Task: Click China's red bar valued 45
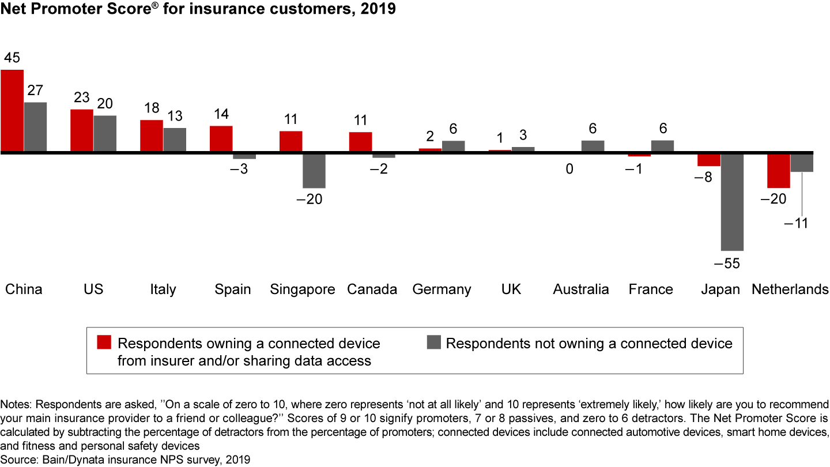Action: pyautogui.click(x=12, y=110)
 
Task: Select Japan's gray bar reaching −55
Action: pyautogui.click(x=733, y=202)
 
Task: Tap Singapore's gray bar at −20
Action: pyautogui.click(x=314, y=171)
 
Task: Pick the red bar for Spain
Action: pyautogui.click(x=221, y=138)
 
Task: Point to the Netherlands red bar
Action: pyautogui.click(x=779, y=171)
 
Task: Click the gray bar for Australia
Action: pyautogui.click(x=593, y=146)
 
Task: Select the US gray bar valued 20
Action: pyautogui.click(x=105, y=133)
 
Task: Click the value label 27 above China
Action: pyautogui.click(x=35, y=91)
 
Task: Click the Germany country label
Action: pyautogui.click(x=442, y=289)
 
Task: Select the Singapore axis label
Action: pyautogui.click(x=303, y=289)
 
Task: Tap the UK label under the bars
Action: pyautogui.click(x=511, y=289)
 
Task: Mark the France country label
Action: pyautogui.click(x=651, y=289)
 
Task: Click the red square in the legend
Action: pyautogui.click(x=104, y=342)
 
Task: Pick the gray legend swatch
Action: pyautogui.click(x=433, y=342)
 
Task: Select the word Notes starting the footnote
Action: pyautogui.click(x=14, y=404)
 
